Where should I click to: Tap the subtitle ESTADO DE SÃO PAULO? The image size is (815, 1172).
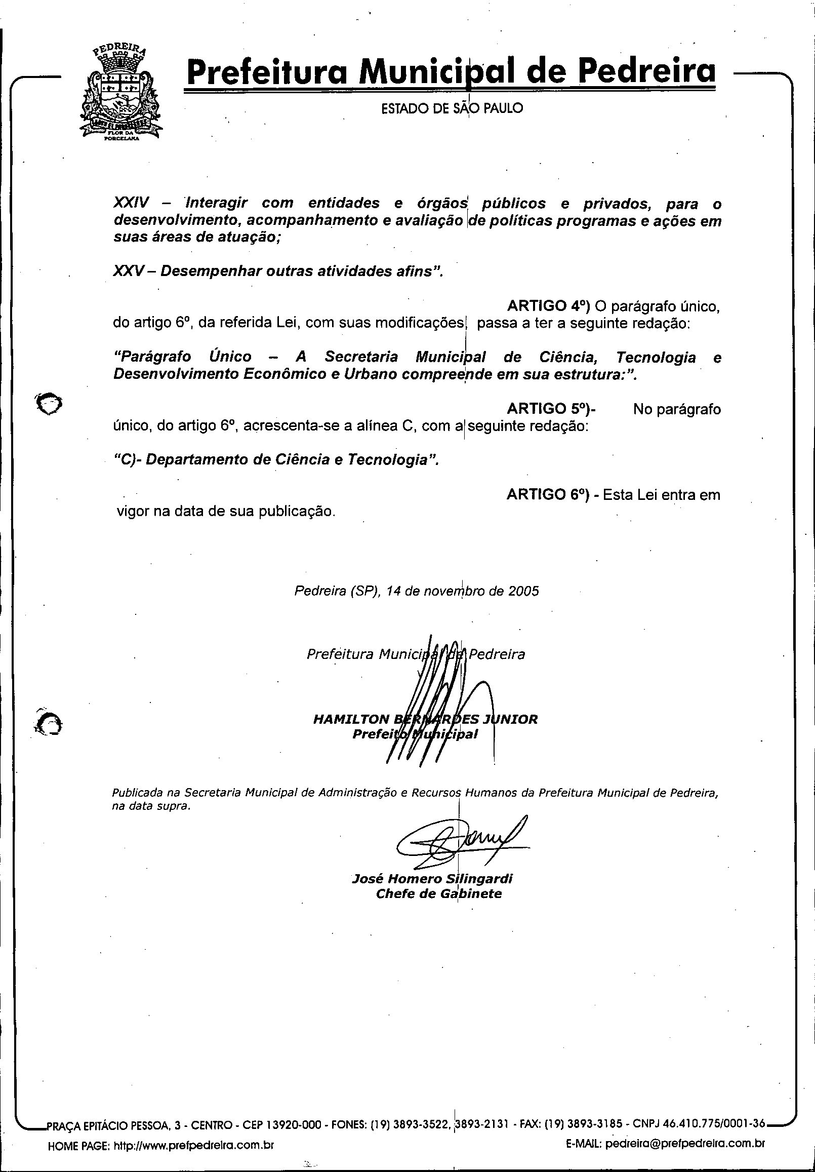click(x=452, y=108)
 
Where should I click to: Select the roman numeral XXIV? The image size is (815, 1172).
click(x=131, y=203)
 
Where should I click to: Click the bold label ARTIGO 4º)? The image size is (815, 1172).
click(x=548, y=306)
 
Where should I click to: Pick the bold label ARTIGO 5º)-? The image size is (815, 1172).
click(x=551, y=409)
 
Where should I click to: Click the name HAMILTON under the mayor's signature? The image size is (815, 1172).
click(x=351, y=719)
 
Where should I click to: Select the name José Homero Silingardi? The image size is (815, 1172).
click(x=432, y=878)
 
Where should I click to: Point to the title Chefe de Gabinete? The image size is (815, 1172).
click(x=438, y=893)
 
